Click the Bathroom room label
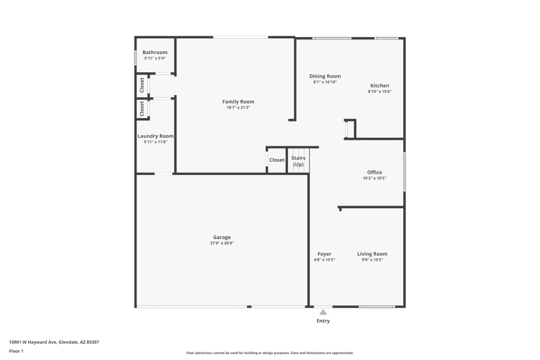(x=155, y=52)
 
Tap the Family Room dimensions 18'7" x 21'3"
(x=238, y=107)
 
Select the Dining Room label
(x=325, y=76)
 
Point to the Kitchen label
(x=379, y=86)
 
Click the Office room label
(x=374, y=172)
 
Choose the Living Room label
(x=372, y=254)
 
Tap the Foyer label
(x=324, y=254)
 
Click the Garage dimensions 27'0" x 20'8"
(x=221, y=243)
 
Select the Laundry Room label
(x=155, y=136)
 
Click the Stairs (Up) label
(x=298, y=161)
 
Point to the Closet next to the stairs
(x=276, y=160)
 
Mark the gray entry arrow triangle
(x=323, y=311)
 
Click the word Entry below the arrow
(x=323, y=321)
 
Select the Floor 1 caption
(x=16, y=351)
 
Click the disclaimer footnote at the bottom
(x=270, y=353)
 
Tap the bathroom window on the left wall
(x=135, y=58)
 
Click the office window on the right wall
(x=404, y=171)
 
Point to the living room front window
(x=376, y=307)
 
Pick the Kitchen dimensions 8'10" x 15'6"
(x=379, y=92)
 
